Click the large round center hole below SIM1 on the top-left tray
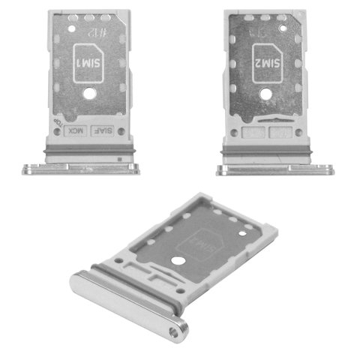pos(88,95)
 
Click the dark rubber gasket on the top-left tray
pos(88,148)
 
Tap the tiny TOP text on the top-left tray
pos(55,122)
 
